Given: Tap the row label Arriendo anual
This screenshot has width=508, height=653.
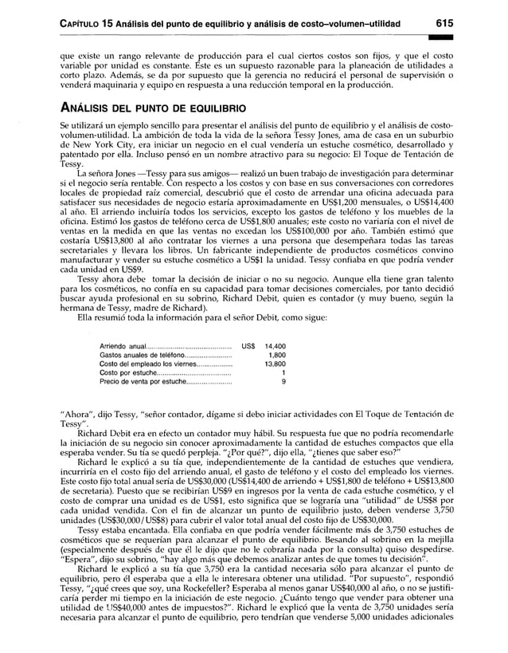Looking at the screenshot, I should pyautogui.click(x=122, y=347).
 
